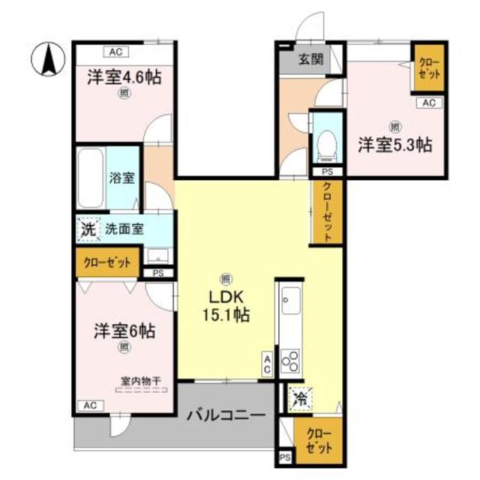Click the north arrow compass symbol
click(48, 58)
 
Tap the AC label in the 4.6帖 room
click(116, 52)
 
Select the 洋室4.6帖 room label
click(124, 76)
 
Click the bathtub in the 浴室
click(90, 178)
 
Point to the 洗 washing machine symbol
click(88, 229)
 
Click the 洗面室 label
click(124, 229)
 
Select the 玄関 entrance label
click(311, 59)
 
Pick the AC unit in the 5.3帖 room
click(429, 103)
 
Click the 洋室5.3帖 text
click(395, 145)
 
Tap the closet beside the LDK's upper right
click(327, 212)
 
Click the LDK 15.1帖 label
click(226, 306)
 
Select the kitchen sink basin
click(291, 301)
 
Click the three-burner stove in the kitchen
click(290, 361)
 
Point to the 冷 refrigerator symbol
click(300, 399)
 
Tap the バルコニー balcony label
click(226, 415)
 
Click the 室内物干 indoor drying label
click(141, 382)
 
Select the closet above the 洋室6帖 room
click(107, 262)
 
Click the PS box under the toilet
click(327, 172)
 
